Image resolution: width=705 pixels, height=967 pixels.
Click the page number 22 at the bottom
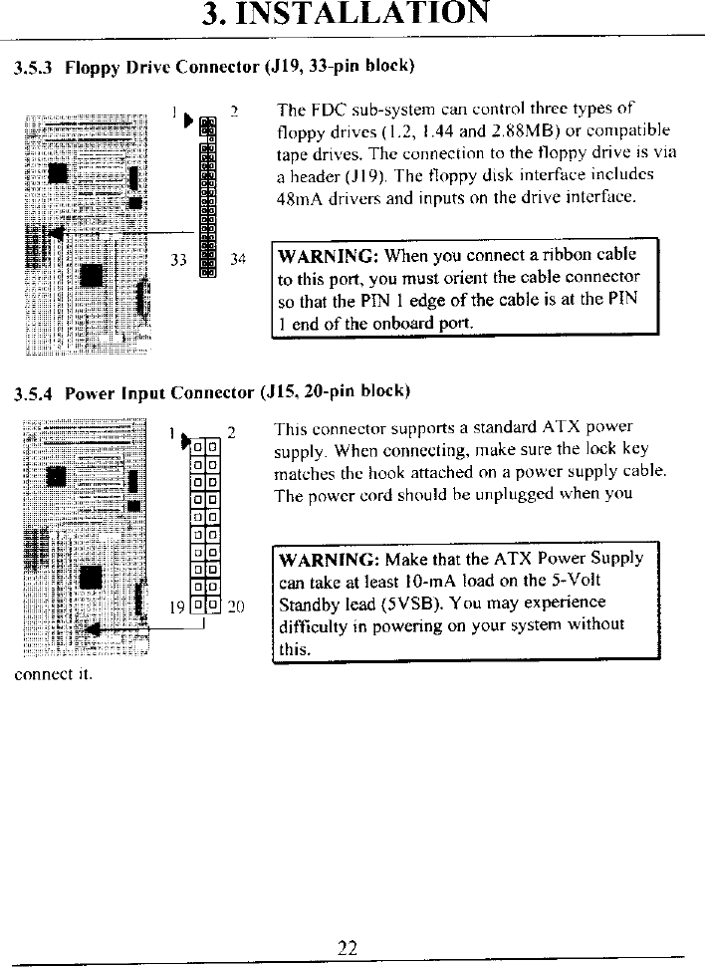coord(347,947)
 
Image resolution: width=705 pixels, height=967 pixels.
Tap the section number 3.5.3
coord(33,69)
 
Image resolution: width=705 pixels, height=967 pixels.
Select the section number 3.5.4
coord(33,392)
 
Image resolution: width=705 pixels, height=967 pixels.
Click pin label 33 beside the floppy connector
coord(179,261)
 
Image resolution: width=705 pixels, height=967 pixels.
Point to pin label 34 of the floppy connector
coord(237,261)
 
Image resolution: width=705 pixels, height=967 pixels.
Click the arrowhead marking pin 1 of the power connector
coord(185,441)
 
